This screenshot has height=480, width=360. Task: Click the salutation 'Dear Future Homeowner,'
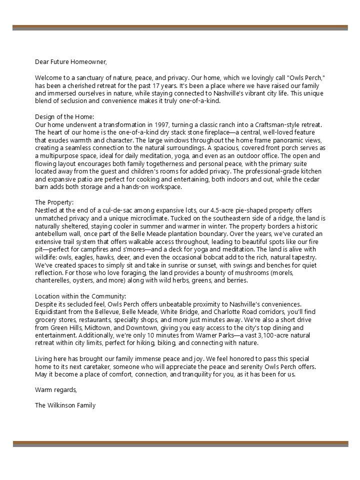pos(71,62)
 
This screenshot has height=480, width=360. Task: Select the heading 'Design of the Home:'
pos(68,116)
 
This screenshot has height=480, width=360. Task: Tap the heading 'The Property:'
pos(54,202)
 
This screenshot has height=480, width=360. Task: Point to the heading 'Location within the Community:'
pos(80,296)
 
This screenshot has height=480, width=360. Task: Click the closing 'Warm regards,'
pos(56,390)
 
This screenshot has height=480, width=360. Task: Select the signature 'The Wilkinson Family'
pos(65,405)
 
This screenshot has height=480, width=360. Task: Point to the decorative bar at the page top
pos(180,27)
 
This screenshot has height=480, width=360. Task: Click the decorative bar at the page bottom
pos(180,443)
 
